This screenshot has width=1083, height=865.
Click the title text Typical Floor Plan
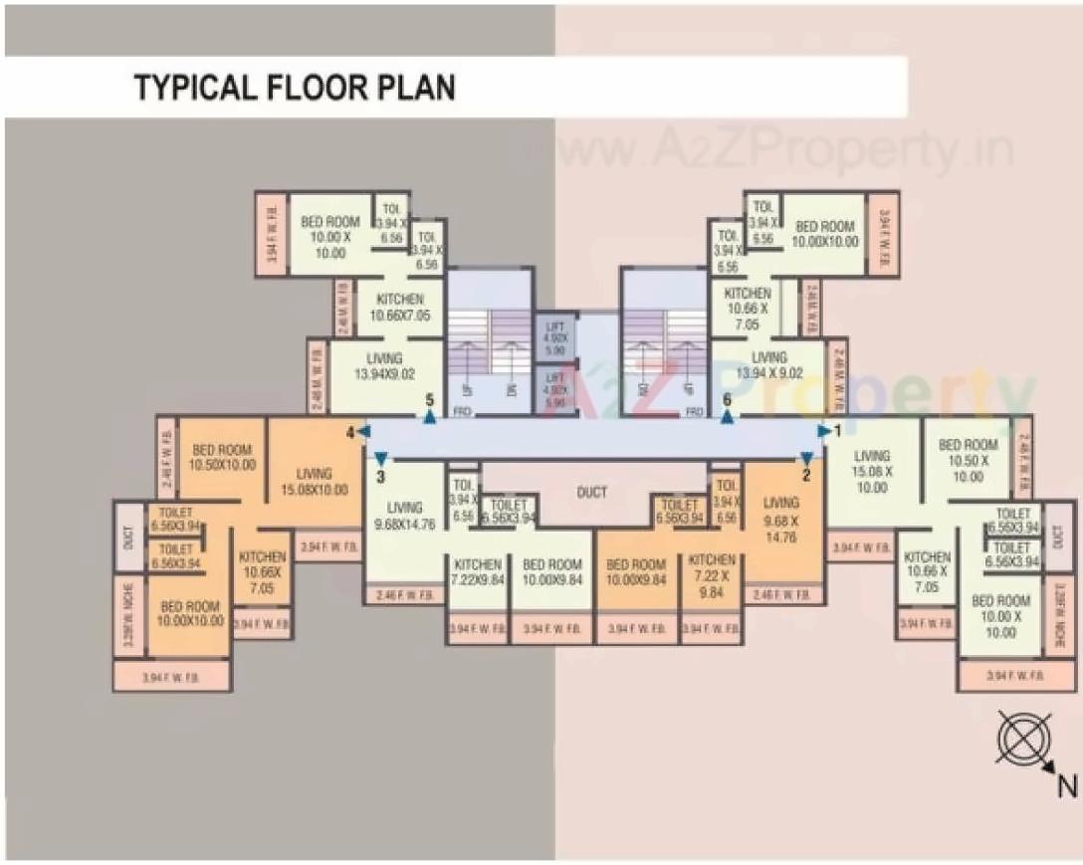coord(295,88)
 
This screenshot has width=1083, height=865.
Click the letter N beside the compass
coord(1066,786)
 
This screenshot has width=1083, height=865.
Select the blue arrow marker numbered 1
coord(824,431)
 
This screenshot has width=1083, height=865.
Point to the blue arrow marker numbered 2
coord(805,459)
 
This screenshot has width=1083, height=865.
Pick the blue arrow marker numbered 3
coord(380,458)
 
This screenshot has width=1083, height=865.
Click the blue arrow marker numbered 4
coord(363,431)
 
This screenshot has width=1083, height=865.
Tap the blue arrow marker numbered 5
coord(429,417)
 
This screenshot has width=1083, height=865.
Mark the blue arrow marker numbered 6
coord(727,417)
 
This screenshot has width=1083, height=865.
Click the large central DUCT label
coord(591,493)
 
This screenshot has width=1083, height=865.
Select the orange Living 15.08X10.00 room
coord(314,482)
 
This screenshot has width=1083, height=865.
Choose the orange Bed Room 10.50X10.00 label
coord(224,457)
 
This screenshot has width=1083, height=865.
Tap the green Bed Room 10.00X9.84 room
coord(551,571)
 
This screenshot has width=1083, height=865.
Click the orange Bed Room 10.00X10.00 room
coord(190,613)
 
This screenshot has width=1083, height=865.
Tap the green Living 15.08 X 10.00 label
coord(872,472)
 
